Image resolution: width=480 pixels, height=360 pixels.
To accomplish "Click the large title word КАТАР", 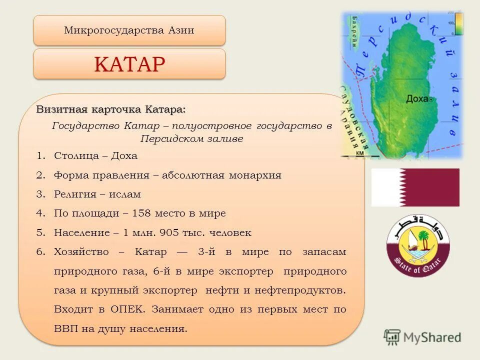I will point(129,64).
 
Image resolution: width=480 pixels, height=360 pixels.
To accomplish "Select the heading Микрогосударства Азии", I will point(129,30).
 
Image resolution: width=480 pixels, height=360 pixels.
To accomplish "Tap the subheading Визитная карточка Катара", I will point(110,109).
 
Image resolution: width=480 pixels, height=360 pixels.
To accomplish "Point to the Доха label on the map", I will point(416,98).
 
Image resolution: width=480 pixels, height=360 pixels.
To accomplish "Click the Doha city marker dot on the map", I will point(431,99).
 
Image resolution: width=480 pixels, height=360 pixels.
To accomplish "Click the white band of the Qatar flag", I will point(384,187).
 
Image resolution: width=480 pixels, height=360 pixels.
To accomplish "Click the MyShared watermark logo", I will point(422,337).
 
